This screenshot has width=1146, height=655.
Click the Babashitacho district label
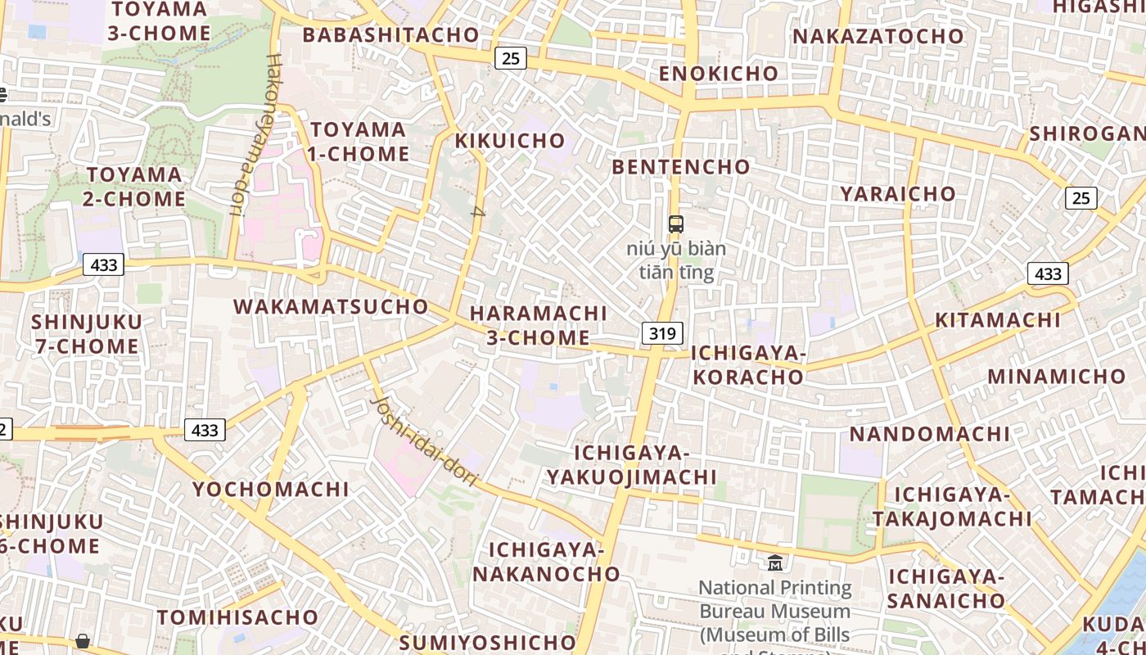coord(390,35)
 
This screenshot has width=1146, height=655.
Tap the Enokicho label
coord(719,74)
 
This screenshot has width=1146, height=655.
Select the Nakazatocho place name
coord(878,37)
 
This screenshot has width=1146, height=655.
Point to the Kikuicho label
coord(510,141)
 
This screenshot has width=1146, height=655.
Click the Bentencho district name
coord(681,167)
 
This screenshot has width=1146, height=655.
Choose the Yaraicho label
coord(898,194)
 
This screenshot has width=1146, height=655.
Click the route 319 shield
coord(662,333)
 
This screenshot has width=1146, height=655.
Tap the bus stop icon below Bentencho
coord(676,224)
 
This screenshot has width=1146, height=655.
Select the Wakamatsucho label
coord(331,307)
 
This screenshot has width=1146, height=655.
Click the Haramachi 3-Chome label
coord(539,325)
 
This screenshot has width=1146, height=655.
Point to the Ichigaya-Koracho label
coord(749,365)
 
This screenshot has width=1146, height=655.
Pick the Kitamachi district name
coord(998,320)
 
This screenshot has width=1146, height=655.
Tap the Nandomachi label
coord(929,434)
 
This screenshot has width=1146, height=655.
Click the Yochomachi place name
coord(271,490)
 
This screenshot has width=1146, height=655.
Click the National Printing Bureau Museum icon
coord(774,562)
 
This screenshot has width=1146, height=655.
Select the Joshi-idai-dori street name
coord(424,441)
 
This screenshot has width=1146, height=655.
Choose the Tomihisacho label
coord(237,617)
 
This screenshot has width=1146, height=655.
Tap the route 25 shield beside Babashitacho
coord(511,58)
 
